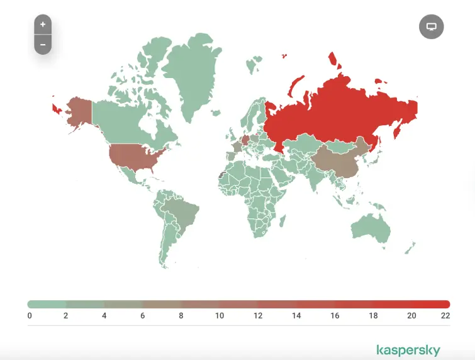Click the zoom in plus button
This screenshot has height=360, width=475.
[x=43, y=25]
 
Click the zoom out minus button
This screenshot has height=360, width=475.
[x=43, y=45]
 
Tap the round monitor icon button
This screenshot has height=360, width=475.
[x=432, y=26]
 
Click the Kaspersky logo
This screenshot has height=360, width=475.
[x=408, y=350]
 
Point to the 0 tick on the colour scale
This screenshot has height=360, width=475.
[x=30, y=316]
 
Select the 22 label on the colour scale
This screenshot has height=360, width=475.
[x=445, y=316]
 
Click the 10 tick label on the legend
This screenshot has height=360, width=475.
[x=219, y=316]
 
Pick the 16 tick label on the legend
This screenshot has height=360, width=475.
[x=335, y=316]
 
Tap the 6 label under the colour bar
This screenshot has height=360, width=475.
[x=143, y=316]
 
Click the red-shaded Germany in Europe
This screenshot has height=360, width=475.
[x=246, y=139]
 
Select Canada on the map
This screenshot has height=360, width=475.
[x=126, y=120]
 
